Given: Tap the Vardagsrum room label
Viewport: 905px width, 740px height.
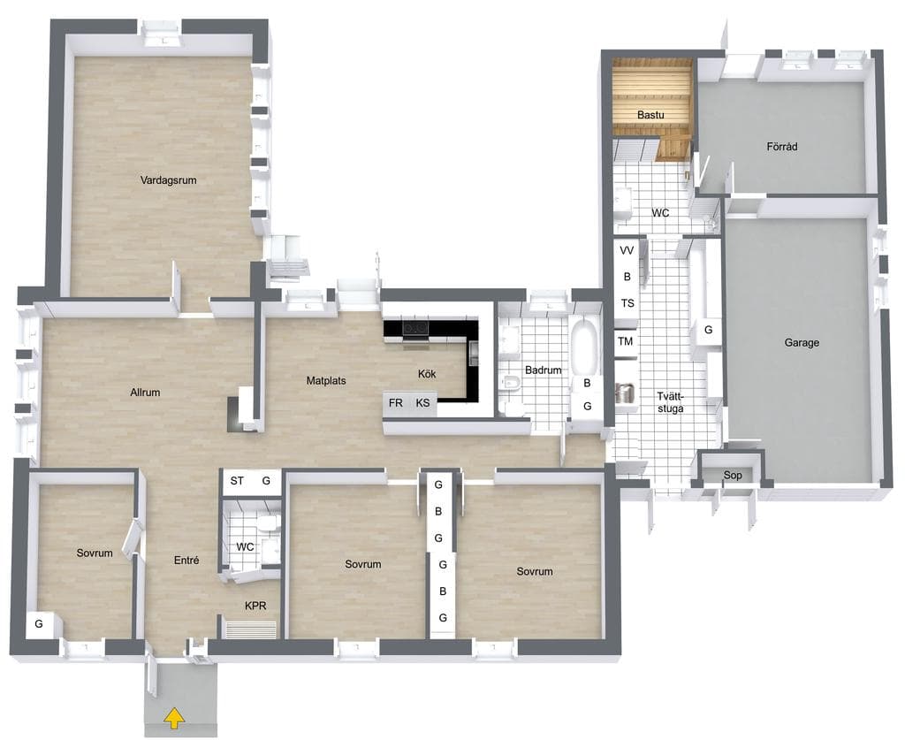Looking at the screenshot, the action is point(169,180).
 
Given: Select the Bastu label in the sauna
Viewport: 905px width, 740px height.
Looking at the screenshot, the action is point(650,115).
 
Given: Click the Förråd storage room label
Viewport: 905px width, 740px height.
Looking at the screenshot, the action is point(782,147).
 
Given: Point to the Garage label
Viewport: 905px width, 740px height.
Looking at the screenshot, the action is point(802,343).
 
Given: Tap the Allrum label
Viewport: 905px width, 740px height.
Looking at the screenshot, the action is point(145,393).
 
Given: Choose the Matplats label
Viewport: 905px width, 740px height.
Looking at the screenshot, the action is point(326,381).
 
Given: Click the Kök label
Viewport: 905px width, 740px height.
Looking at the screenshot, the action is point(427,374).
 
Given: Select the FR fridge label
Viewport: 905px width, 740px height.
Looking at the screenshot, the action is point(395,403).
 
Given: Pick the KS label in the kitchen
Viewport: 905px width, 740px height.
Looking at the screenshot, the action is point(422,403).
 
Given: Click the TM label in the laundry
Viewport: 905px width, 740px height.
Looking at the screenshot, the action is point(625,341).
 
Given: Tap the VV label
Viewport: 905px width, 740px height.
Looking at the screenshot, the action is point(627,250).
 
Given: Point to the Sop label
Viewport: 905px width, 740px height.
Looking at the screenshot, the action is point(733,476).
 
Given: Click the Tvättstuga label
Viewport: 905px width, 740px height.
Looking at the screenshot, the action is point(670,402).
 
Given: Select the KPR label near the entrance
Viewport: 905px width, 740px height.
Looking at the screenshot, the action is point(255,606).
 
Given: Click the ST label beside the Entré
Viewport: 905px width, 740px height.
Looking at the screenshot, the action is point(237,480).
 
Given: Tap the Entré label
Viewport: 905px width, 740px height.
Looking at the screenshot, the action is point(186,560).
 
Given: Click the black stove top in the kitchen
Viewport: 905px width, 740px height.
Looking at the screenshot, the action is point(415,328).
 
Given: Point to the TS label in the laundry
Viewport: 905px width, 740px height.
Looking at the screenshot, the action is point(627,303).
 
